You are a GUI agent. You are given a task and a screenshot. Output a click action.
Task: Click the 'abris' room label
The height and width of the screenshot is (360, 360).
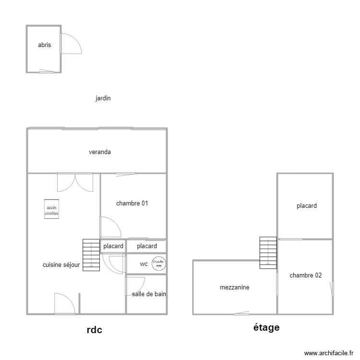[44, 46]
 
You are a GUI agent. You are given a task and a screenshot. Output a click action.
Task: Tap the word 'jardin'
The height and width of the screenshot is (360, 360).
[103, 98]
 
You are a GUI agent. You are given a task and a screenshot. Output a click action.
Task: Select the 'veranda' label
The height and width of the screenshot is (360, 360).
[100, 152]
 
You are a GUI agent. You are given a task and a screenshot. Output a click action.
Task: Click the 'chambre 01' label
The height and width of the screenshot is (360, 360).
[132, 204]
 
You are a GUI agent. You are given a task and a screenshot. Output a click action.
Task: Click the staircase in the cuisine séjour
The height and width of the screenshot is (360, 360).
[90, 254]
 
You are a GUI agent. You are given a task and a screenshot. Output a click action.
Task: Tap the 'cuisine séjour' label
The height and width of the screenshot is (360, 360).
[61, 265]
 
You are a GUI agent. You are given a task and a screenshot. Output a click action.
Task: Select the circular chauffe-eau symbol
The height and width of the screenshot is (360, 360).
[158, 263]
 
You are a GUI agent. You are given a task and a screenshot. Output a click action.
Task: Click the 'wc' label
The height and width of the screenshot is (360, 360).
[144, 264]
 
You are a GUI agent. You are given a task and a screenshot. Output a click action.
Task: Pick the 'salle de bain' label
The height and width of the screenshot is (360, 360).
[149, 294]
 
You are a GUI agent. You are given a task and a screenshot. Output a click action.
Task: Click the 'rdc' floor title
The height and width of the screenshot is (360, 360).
[95, 330]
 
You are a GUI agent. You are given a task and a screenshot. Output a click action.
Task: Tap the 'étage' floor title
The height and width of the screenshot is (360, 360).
[266, 328]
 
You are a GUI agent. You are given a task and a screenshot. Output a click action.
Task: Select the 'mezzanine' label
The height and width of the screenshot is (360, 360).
[234, 288]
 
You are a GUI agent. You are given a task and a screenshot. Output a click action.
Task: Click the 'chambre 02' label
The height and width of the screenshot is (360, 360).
[306, 276]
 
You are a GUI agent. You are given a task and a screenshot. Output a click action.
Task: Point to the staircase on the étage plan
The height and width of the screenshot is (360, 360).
[268, 252]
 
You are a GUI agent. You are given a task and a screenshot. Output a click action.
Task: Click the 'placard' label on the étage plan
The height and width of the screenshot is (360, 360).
[307, 206]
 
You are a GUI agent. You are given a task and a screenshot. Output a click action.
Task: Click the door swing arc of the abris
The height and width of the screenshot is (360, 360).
[71, 43]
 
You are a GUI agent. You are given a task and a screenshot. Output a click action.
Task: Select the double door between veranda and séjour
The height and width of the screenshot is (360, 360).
[74, 182]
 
